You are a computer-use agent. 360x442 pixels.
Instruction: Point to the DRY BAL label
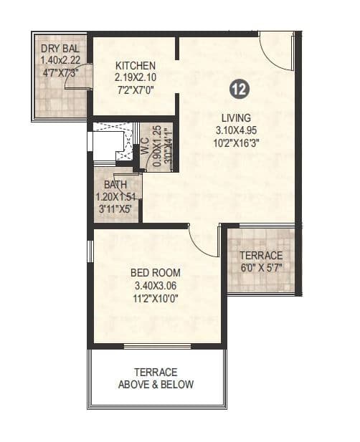[x=60, y=50]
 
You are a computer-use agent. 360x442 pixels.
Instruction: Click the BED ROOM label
[x=155, y=273]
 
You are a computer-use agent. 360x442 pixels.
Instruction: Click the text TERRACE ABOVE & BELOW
[x=156, y=378]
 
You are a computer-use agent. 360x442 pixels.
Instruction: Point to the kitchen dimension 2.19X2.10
[x=135, y=77]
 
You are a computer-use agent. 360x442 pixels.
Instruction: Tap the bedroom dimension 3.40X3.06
[x=155, y=286]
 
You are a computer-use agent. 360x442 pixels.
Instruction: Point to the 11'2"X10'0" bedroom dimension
[x=155, y=299]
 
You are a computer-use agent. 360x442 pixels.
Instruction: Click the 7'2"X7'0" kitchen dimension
[x=135, y=90]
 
